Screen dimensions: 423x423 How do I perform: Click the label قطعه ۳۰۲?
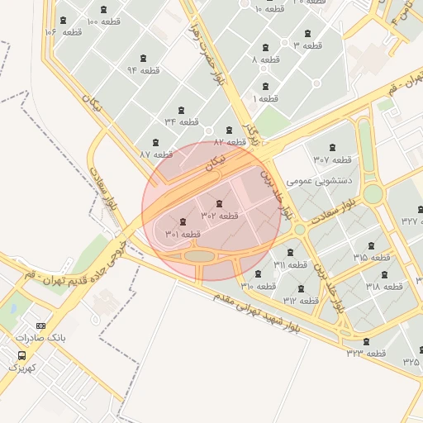pos(219,216)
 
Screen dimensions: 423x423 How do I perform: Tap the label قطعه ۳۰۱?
pos(183,234)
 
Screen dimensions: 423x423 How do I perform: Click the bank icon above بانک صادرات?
pos(41,325)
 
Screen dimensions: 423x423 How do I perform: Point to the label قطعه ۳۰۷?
pos(332,159)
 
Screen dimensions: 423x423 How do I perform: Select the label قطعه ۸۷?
pos(155,154)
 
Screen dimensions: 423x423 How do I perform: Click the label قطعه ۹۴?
pos(143,70)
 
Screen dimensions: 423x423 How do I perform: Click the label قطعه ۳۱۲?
pos(300,301)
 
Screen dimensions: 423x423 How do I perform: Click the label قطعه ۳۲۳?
pos(366,354)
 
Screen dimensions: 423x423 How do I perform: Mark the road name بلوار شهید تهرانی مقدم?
pos(260,310)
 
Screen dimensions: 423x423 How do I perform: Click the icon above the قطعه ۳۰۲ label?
pos(218,203)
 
